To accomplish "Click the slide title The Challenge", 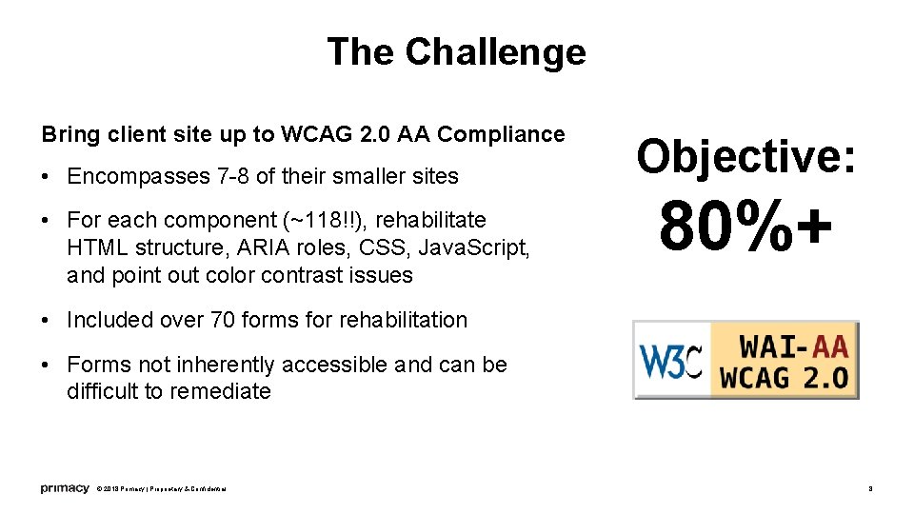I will coord(456,51).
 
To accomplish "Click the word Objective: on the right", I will coord(746,156).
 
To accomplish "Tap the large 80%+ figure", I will coord(745,227).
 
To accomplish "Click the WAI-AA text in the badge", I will coord(784,343).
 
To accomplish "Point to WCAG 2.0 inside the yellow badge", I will coord(784,377).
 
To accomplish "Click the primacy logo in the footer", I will coord(64,488).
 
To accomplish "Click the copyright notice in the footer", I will coord(161,489).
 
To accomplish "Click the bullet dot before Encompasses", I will coord(47,177).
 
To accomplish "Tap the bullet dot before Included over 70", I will coord(47,321).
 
